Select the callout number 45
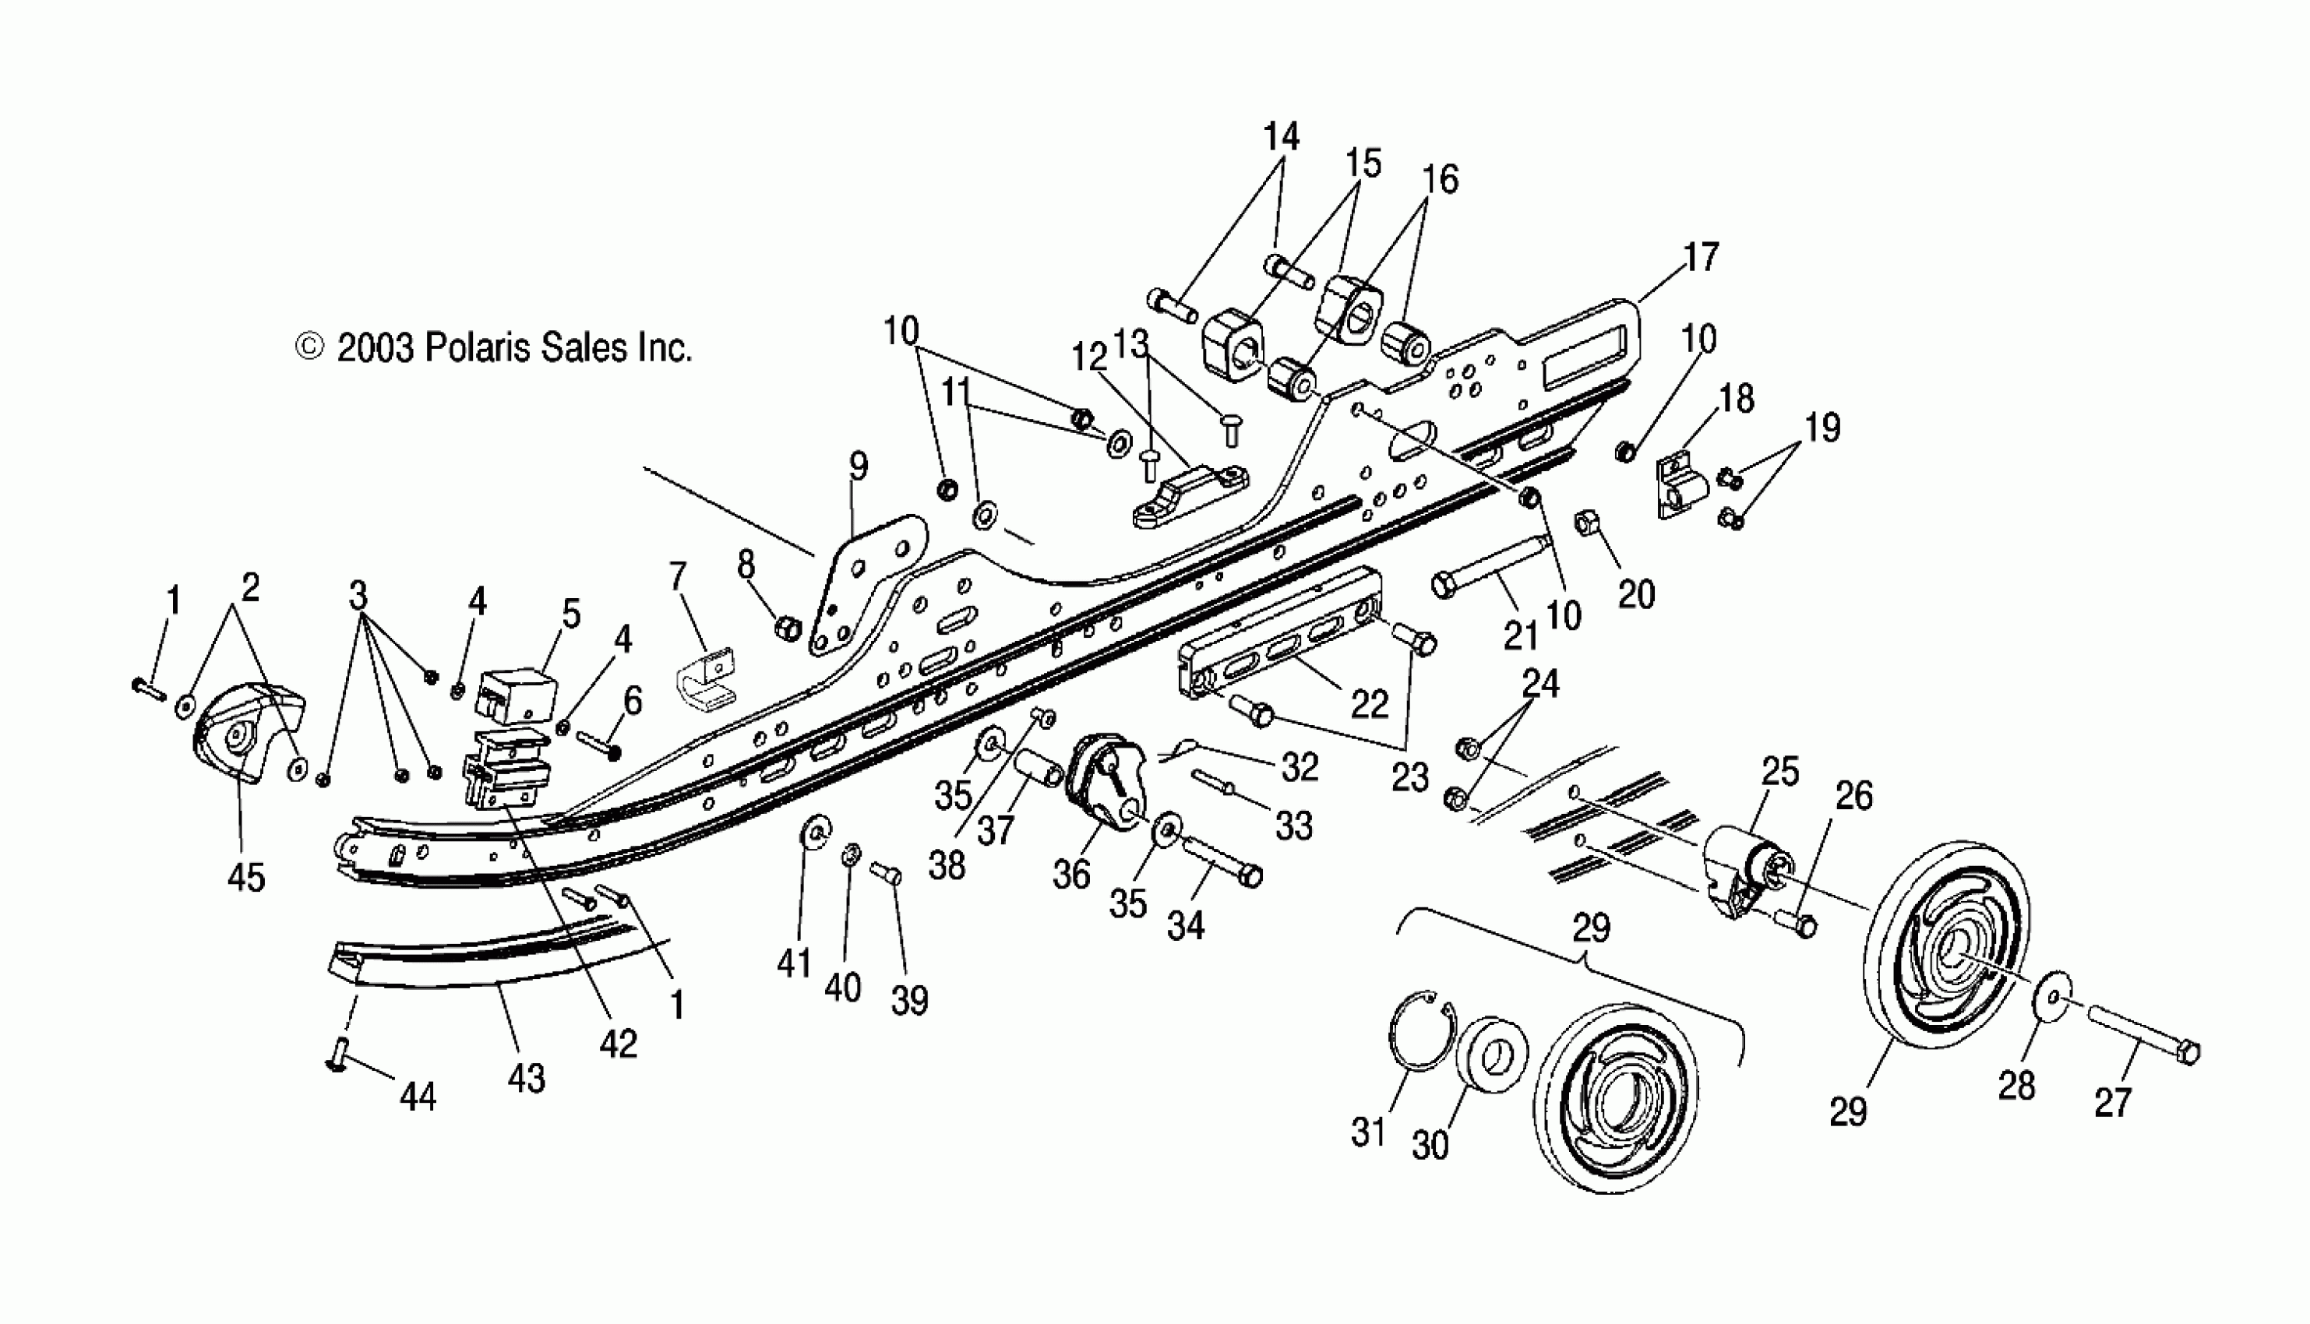click(246, 878)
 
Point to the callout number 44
click(418, 1097)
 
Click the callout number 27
click(2112, 1103)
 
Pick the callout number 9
click(859, 467)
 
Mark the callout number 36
click(1071, 874)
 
